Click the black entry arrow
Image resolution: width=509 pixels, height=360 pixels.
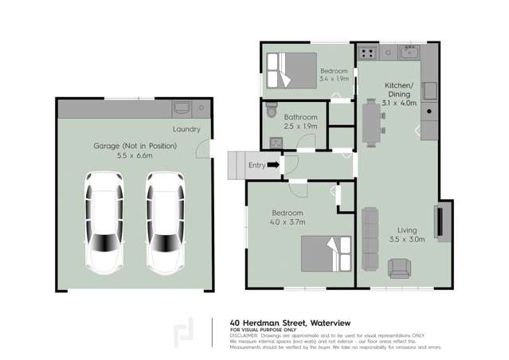pyautogui.click(x=272, y=165)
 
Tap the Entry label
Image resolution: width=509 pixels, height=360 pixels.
pyautogui.click(x=256, y=165)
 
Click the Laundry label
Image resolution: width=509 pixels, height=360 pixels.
pyautogui.click(x=186, y=129)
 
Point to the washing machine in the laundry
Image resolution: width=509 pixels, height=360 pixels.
pyautogui.click(x=180, y=108)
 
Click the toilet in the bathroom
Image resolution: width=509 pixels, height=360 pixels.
pyautogui.click(x=271, y=108)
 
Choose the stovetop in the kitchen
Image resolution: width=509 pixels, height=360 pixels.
pyautogui.click(x=368, y=53)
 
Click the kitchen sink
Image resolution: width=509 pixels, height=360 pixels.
pyautogui.click(x=409, y=53)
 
